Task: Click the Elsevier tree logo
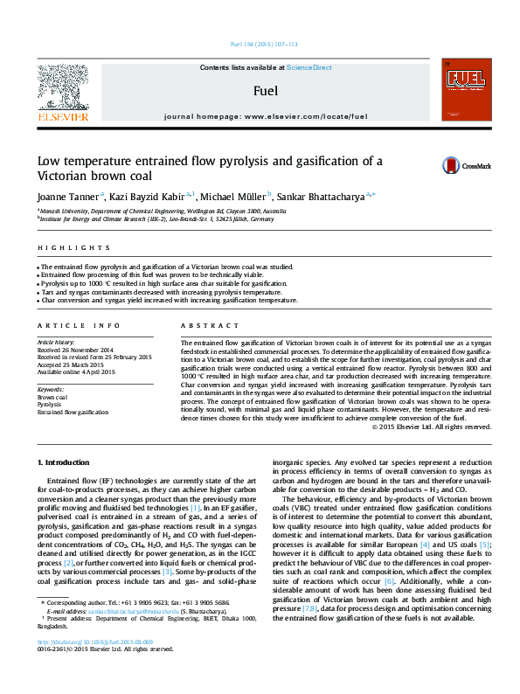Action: coord(62,88)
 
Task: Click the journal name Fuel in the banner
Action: coord(266,90)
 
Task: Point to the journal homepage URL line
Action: coord(266,115)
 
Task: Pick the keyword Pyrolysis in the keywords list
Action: coord(49,405)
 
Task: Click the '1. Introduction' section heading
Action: coord(66,461)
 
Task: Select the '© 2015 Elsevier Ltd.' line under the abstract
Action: coord(432,427)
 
